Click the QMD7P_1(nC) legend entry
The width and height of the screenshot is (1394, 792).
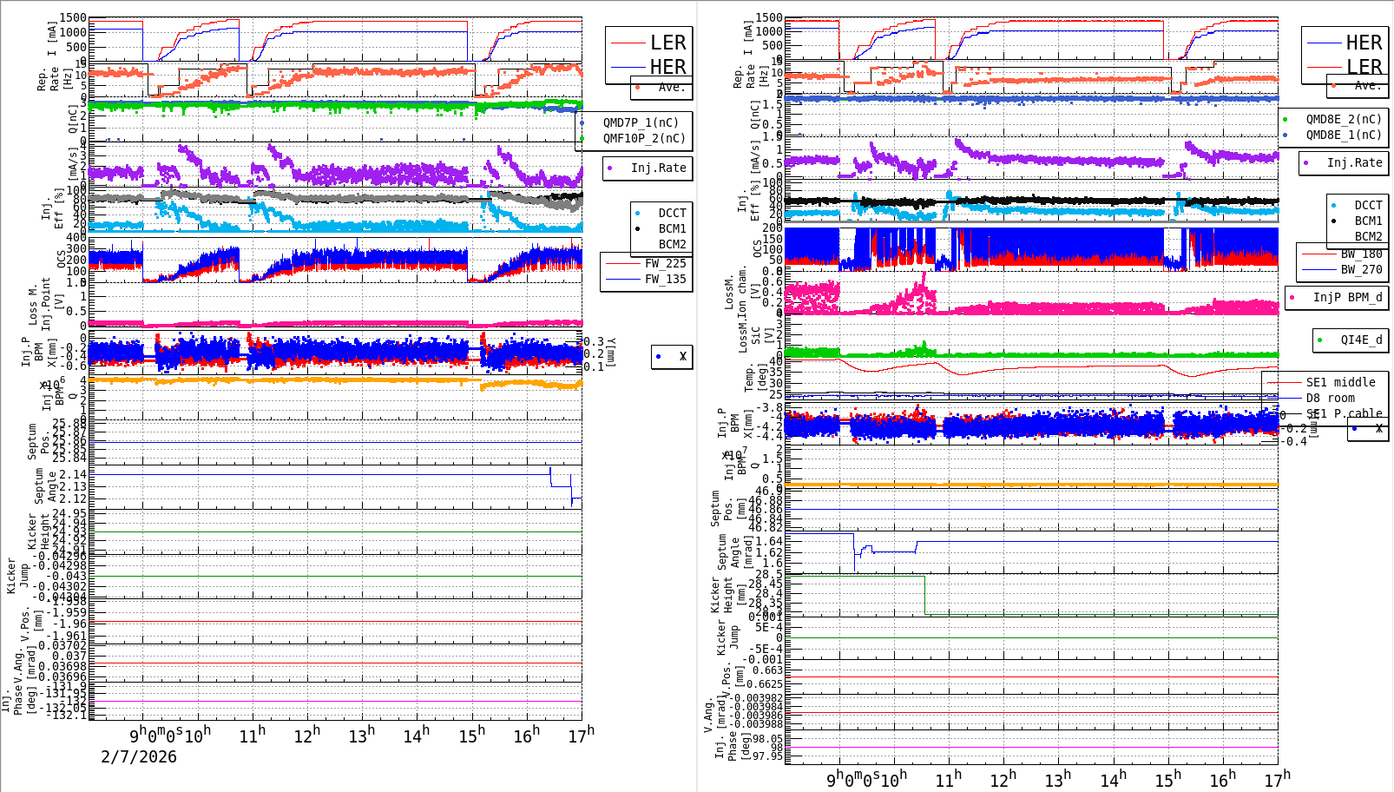click(x=641, y=122)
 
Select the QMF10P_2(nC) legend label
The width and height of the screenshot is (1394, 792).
click(x=644, y=138)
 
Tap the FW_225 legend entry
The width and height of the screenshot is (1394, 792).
click(x=665, y=263)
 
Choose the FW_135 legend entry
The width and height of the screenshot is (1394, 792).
click(x=665, y=279)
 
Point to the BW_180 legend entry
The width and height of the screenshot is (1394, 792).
click(x=1361, y=254)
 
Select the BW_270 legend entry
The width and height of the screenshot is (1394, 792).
click(x=1361, y=269)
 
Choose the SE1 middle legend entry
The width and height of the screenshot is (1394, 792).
click(x=1340, y=382)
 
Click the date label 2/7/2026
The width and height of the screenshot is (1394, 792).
click(x=139, y=756)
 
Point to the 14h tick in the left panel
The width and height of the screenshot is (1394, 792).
click(x=417, y=736)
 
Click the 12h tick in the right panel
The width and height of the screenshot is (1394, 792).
click(x=1003, y=779)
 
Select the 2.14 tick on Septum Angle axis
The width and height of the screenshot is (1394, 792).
click(x=74, y=474)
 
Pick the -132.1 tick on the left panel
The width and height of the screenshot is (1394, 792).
click(x=69, y=715)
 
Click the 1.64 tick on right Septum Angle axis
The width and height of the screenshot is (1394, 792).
click(x=769, y=541)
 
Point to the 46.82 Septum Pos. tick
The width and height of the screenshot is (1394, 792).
click(x=765, y=527)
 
